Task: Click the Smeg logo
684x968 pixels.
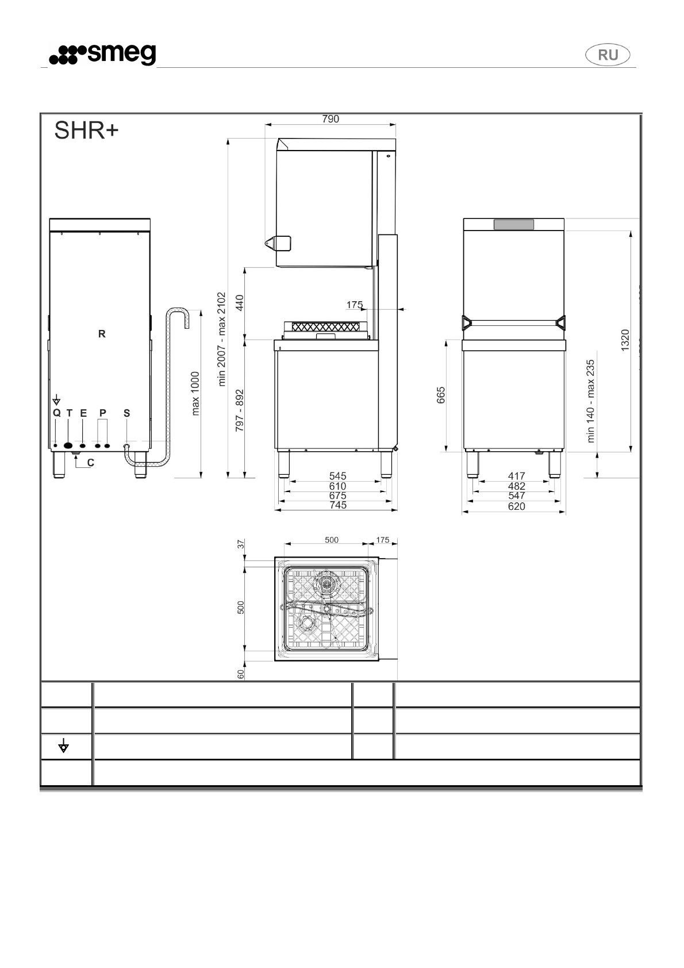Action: click(102, 55)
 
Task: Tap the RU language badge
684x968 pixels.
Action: click(608, 55)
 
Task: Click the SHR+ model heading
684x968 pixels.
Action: click(86, 131)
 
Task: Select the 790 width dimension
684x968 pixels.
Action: click(331, 119)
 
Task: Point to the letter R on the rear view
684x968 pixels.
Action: click(102, 334)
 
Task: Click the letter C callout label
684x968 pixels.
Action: click(91, 462)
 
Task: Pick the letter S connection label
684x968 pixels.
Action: click(126, 413)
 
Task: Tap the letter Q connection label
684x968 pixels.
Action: click(56, 413)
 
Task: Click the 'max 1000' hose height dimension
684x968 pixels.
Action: click(195, 393)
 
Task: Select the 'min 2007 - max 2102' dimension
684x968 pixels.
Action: click(222, 339)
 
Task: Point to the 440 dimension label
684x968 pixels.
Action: click(240, 302)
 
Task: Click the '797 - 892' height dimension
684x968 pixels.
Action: click(240, 410)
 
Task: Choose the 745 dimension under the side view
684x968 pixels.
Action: click(338, 505)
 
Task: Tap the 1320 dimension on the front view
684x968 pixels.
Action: click(625, 340)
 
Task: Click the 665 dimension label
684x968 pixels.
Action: click(441, 395)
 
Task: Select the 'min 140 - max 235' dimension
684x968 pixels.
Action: click(590, 401)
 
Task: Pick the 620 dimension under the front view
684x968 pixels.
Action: click(516, 506)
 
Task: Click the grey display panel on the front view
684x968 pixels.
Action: click(513, 225)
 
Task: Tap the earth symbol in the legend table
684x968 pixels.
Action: click(64, 747)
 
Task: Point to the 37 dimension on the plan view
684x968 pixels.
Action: click(241, 544)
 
